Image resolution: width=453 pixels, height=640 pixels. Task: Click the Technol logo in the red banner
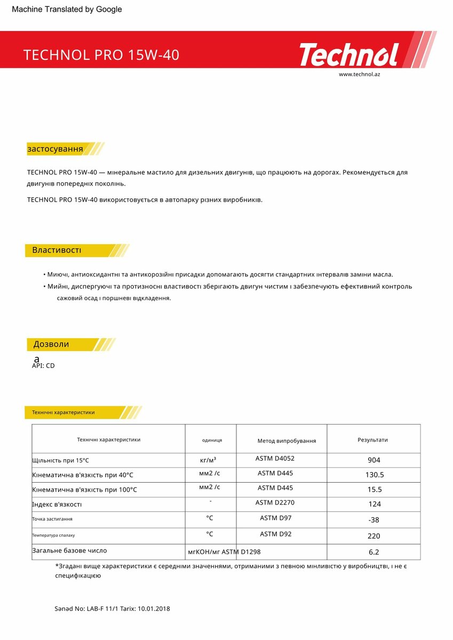(349, 55)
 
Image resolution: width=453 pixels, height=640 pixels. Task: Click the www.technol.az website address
(359, 74)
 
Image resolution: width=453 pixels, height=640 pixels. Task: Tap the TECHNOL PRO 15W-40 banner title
(101, 55)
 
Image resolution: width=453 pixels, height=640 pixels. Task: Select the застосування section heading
(55, 149)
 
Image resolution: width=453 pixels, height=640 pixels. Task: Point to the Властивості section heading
(57, 250)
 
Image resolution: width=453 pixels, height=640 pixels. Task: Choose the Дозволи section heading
(51, 344)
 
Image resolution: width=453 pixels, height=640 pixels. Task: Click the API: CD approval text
(43, 366)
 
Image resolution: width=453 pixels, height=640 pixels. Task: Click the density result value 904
(374, 460)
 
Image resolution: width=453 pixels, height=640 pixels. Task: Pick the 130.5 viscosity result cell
(374, 475)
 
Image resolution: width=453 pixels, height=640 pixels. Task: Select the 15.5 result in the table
(374, 490)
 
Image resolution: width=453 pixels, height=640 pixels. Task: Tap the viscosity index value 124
(374, 504)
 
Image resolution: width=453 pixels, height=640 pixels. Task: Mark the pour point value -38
(374, 520)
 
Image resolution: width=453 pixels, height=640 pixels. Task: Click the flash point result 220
(374, 535)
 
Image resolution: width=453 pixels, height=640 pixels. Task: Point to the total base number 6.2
(374, 552)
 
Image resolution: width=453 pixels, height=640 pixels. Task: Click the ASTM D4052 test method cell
(275, 458)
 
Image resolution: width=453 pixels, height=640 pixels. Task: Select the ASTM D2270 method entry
(275, 502)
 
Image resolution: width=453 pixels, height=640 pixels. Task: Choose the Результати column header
(372, 440)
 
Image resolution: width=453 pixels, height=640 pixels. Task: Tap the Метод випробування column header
(287, 441)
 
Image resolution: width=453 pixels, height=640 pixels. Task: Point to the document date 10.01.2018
(154, 609)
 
